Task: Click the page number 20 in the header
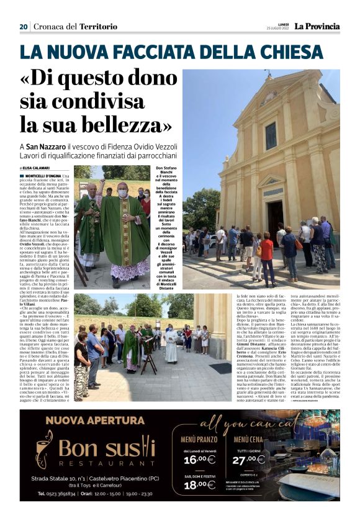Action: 24,26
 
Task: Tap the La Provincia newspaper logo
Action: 317,26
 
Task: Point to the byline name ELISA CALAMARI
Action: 38,168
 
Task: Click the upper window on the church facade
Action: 271,135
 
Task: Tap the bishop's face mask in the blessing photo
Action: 122,194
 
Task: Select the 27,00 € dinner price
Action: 249,459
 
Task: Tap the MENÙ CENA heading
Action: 249,439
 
